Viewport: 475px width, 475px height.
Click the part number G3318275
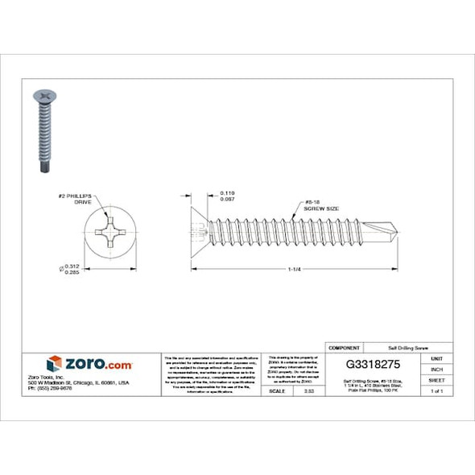coord(373,362)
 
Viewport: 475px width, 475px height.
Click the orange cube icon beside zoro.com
coord(55,363)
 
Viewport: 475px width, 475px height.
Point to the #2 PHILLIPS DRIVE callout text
coord(80,200)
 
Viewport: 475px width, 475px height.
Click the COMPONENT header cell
coord(344,348)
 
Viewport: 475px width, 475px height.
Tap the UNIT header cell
coord(436,358)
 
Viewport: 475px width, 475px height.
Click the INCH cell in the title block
coord(436,369)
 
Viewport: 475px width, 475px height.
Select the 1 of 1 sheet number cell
coord(436,390)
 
